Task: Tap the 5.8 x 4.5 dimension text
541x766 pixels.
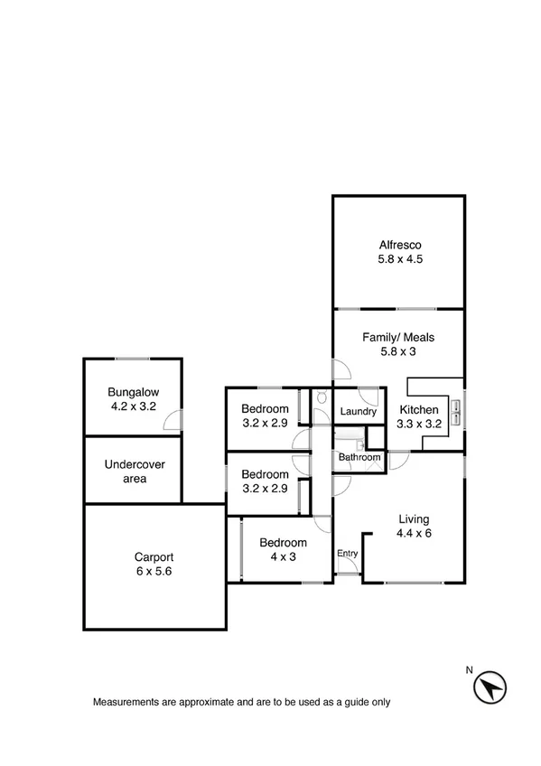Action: point(399,259)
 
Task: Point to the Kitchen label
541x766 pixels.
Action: point(419,410)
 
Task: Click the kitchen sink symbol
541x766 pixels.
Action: point(456,411)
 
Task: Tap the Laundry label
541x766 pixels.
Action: point(358,412)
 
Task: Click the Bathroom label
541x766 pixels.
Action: point(359,458)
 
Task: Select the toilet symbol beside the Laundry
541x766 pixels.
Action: point(322,398)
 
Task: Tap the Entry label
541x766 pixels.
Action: point(347,554)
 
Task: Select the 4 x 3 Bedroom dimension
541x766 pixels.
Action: point(283,557)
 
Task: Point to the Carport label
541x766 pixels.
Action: point(154,557)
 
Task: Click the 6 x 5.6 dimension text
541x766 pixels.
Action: point(154,572)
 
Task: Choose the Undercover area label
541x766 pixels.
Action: point(134,472)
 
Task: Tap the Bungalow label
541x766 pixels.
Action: point(133,392)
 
